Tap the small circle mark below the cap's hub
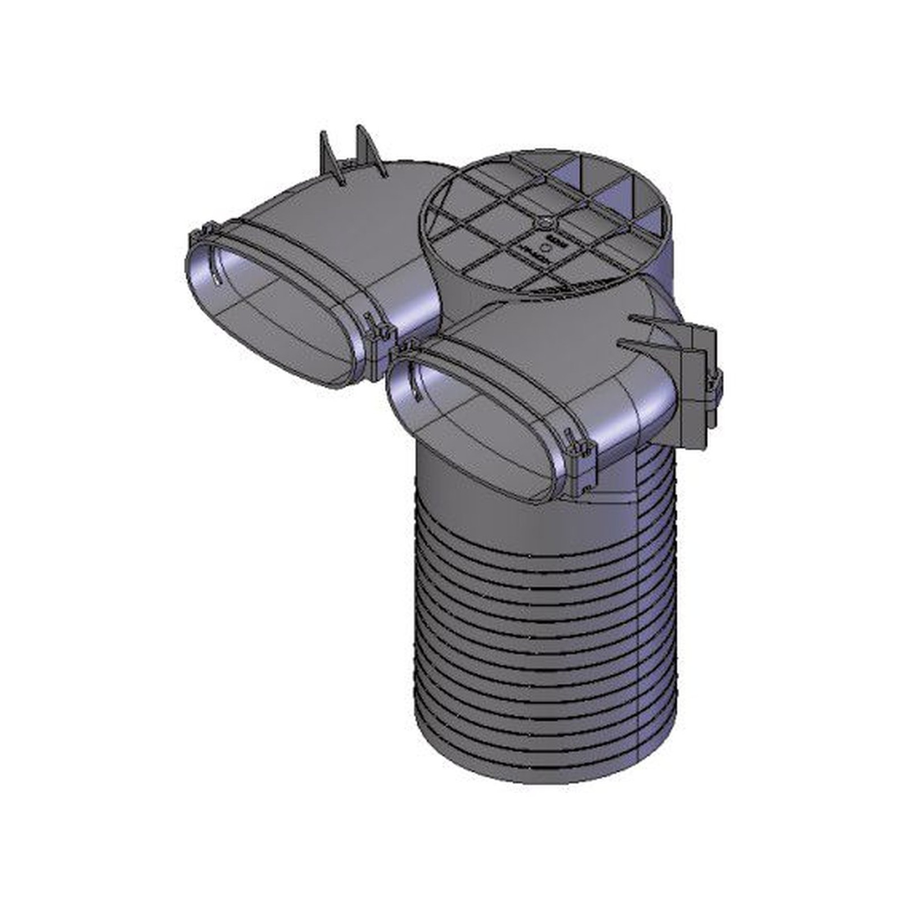pos(544,245)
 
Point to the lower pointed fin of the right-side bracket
pos(641,344)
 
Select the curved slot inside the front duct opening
pos(416,382)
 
